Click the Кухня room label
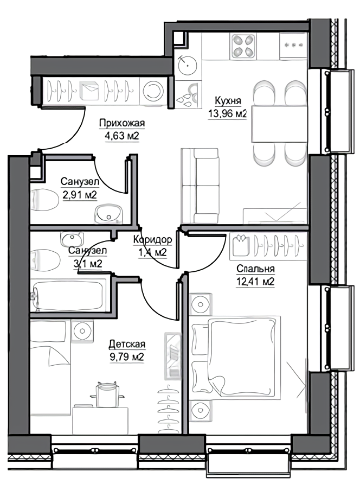click(x=228, y=101)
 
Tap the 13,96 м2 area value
click(x=228, y=114)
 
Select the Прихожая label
click(x=122, y=123)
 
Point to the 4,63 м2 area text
click(x=122, y=136)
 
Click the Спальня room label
click(x=255, y=269)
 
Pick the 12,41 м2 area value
click(x=255, y=282)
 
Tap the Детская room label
click(x=127, y=344)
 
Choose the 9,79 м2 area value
click(x=127, y=357)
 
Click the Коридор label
click(x=153, y=239)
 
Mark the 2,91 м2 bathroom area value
click(x=80, y=195)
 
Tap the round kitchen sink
click(x=188, y=65)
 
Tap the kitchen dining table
click(x=279, y=124)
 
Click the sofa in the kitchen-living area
click(x=200, y=186)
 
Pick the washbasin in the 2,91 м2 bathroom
click(x=108, y=213)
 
